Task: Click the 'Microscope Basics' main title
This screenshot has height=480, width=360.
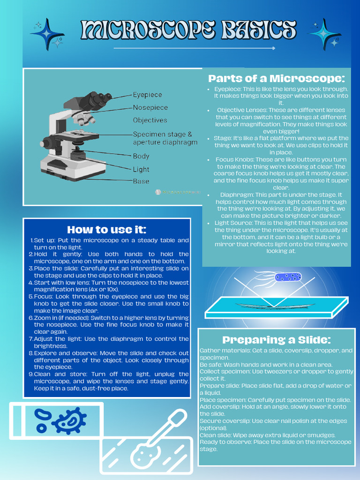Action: click(x=188, y=30)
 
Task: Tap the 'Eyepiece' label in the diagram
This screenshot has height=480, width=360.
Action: click(x=147, y=95)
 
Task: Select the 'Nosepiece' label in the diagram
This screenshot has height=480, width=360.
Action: click(x=150, y=107)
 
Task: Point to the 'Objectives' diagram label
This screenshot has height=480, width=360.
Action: click(x=150, y=120)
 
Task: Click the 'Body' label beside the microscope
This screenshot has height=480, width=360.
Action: click(x=141, y=156)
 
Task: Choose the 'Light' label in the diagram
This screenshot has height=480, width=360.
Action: click(x=141, y=169)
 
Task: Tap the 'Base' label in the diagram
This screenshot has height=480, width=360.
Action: click(x=141, y=181)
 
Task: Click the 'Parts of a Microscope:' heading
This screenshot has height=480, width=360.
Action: click(x=276, y=78)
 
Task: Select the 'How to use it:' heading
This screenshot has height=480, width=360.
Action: click(x=106, y=229)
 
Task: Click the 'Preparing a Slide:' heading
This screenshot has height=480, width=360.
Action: click(x=276, y=339)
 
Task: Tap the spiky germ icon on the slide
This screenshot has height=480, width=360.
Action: click(x=70, y=420)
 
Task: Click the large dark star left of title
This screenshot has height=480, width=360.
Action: click(x=47, y=34)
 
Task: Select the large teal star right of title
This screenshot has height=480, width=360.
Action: click(x=324, y=34)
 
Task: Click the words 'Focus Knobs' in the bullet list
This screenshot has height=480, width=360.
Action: click(x=234, y=159)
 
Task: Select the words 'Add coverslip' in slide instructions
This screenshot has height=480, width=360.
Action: click(x=217, y=407)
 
